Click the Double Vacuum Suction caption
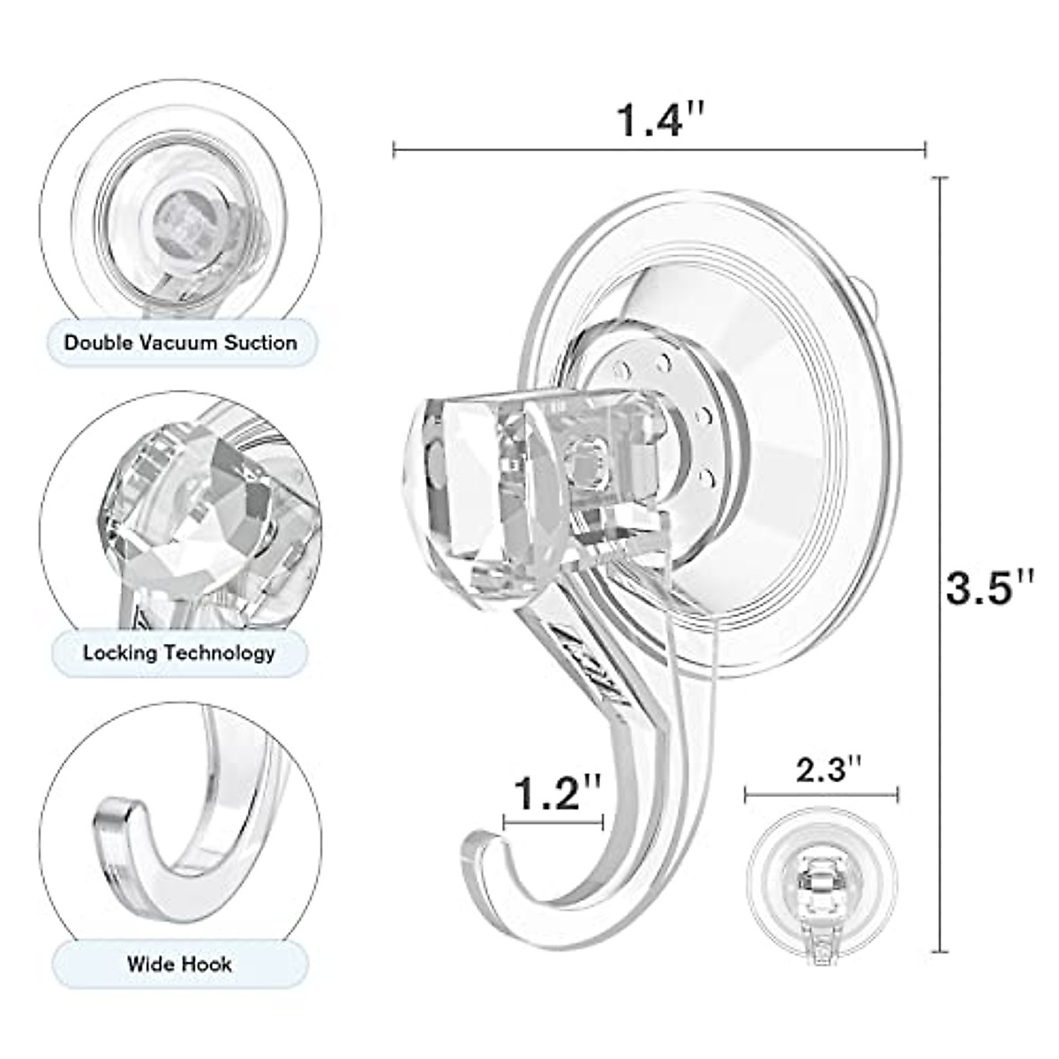[181, 342]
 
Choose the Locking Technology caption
[179, 653]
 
